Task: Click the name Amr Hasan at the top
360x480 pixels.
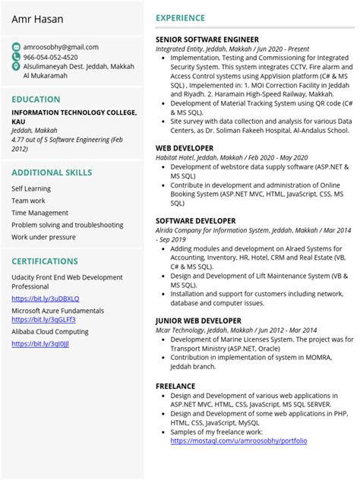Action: [37, 19]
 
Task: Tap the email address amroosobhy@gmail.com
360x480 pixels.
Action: [61, 47]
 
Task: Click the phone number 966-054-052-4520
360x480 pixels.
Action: [50, 57]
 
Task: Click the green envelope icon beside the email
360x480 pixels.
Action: [16, 47]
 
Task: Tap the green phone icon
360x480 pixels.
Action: [16, 57]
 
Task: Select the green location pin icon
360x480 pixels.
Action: [16, 67]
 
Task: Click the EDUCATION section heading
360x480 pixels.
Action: [36, 99]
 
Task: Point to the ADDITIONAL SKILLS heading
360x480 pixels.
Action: [52, 173]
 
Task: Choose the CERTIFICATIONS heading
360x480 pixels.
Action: [46, 262]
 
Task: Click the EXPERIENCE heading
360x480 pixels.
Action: [180, 18]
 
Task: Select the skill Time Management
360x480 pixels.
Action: [39, 213]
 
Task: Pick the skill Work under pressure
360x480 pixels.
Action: [43, 238]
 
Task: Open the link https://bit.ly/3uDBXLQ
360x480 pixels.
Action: [45, 298]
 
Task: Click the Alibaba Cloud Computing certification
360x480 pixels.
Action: [50, 332]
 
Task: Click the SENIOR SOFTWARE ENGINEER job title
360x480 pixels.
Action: [207, 39]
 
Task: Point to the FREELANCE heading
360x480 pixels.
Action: [175, 387]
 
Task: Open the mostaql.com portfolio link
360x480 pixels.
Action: [238, 441]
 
